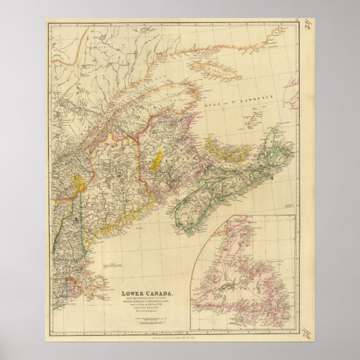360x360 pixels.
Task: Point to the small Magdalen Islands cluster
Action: (x=254, y=117)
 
